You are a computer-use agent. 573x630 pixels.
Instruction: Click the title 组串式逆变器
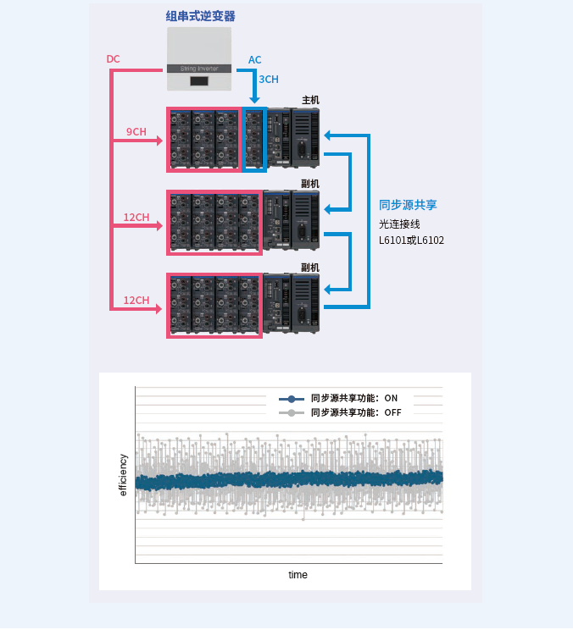coord(200,16)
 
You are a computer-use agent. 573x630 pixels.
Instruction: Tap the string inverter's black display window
coord(200,81)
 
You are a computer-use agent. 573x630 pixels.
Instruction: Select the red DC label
coord(113,59)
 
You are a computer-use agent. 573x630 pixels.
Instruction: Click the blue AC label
coord(254,60)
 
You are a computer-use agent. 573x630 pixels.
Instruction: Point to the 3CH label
coord(269,80)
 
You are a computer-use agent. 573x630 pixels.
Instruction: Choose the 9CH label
coord(136,131)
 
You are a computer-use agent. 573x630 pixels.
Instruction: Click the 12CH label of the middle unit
coord(136,218)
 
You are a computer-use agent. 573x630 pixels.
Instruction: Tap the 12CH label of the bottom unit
coord(136,301)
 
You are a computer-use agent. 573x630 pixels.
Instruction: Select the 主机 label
coord(310,100)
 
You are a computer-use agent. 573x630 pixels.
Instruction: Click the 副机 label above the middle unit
coord(310,184)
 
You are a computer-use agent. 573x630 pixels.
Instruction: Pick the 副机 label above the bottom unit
coord(310,268)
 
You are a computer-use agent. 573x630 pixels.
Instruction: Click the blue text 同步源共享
coord(408,205)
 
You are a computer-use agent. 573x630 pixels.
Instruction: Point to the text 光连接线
coord(399,224)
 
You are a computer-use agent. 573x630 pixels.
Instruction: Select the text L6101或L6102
coord(411,240)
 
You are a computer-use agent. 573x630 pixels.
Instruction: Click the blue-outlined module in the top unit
coord(254,139)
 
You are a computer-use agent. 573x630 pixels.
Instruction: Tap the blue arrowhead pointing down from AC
coord(254,100)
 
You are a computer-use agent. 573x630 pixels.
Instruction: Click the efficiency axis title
coord(123,475)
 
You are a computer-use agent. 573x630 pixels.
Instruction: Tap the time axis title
coord(298,575)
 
